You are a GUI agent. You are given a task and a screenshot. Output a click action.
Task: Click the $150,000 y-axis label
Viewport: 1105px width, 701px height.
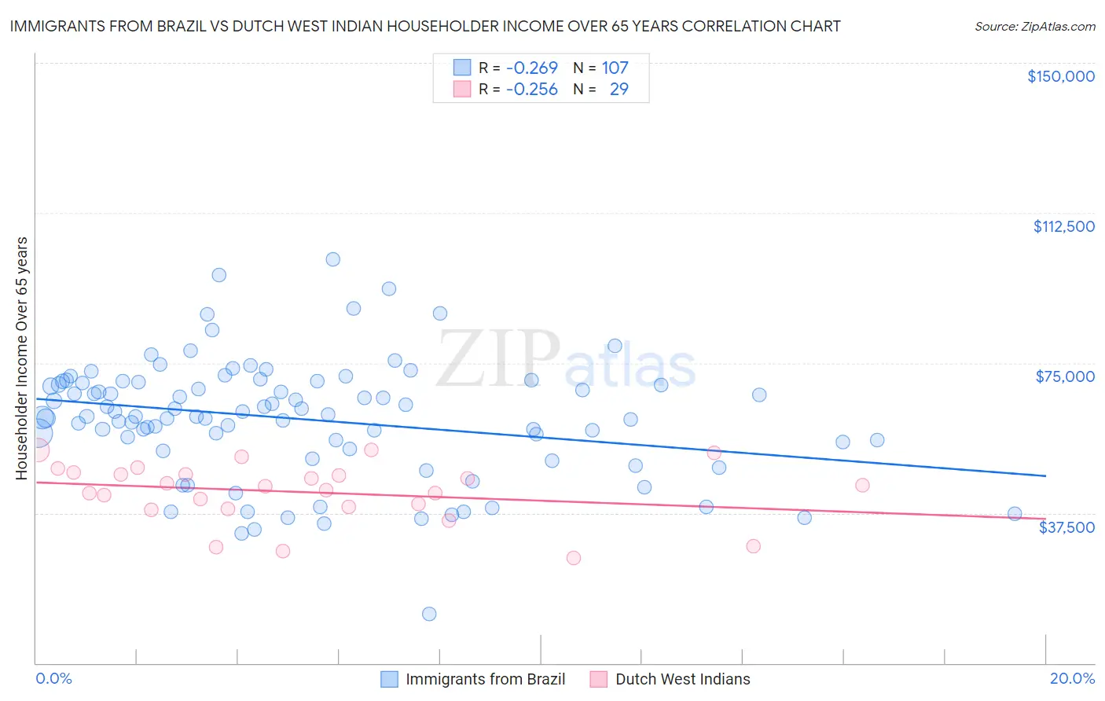[1060, 76]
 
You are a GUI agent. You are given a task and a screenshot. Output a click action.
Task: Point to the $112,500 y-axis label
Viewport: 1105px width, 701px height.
[1063, 226]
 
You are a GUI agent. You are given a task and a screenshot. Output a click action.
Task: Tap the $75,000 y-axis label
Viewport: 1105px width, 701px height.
[1065, 376]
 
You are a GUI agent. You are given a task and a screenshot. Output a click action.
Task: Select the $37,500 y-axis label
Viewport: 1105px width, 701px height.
[1066, 527]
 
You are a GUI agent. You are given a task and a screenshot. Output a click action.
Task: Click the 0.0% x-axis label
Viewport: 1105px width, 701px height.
[53, 678]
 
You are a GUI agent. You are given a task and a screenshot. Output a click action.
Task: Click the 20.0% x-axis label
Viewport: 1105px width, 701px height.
[1072, 678]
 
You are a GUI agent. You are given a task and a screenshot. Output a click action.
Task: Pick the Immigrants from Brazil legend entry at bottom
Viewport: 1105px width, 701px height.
[473, 679]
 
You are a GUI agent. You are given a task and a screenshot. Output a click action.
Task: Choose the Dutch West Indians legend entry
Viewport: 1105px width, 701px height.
[670, 679]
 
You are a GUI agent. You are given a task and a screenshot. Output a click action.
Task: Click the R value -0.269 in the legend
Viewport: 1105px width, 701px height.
[531, 68]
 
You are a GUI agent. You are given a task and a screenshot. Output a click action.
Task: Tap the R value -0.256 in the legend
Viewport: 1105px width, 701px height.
[531, 89]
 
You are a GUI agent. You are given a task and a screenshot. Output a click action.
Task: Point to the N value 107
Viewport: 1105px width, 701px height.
[615, 68]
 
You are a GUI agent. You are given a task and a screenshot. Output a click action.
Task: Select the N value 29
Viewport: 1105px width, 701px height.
[619, 89]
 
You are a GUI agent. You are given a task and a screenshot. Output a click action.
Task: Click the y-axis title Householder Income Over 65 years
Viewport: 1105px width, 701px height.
[22, 358]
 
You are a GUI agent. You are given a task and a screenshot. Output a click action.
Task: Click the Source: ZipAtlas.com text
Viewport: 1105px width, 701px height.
[1034, 26]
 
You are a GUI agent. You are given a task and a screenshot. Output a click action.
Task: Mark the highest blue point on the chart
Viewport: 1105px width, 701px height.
[333, 259]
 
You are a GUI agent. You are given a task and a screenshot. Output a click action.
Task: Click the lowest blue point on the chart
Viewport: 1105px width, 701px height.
[429, 614]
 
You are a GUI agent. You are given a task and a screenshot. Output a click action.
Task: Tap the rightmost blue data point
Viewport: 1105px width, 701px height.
[1015, 514]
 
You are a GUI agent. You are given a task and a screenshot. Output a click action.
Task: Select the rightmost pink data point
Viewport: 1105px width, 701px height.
[862, 485]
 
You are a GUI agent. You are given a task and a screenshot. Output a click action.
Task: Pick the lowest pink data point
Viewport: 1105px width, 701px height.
[574, 558]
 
